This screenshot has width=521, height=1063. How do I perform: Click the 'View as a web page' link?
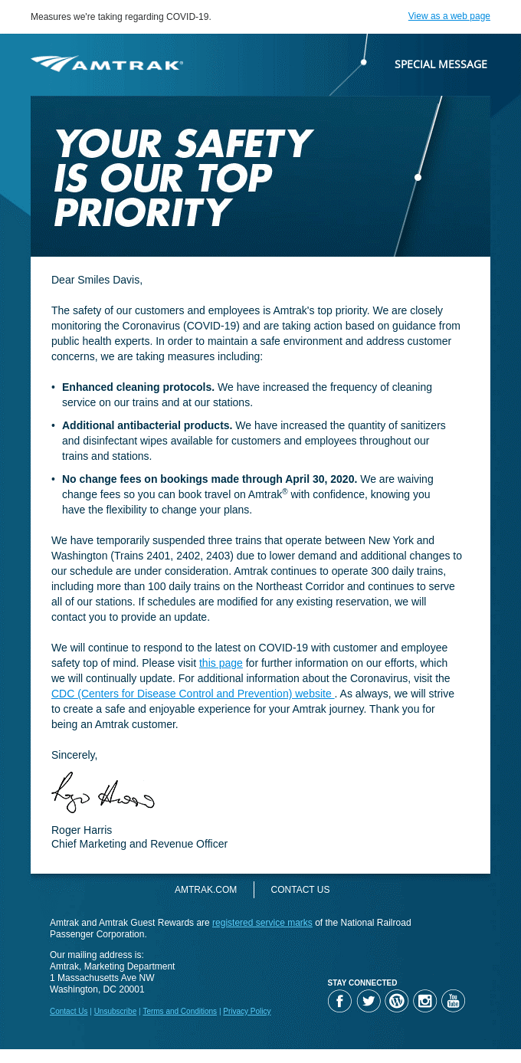[x=449, y=16]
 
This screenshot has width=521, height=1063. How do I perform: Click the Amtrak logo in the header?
[x=106, y=64]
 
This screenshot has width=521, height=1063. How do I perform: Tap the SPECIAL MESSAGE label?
[x=441, y=64]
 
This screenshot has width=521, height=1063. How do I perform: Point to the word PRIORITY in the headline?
[x=142, y=213]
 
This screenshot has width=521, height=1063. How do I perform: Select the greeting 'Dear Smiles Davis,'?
[x=97, y=280]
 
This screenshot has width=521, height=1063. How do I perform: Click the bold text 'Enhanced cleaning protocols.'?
[x=138, y=387]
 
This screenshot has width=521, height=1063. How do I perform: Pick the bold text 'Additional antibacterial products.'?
[x=147, y=425]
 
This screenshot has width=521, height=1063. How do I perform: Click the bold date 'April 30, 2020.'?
[x=321, y=479]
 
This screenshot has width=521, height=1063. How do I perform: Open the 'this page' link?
[x=221, y=663]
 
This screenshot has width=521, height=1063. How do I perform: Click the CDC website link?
[x=192, y=694]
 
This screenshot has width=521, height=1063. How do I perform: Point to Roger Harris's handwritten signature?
[x=103, y=794]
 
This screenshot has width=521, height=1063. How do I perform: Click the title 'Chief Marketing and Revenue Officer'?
[x=139, y=844]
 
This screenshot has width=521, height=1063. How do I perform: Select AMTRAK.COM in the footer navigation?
[x=205, y=890]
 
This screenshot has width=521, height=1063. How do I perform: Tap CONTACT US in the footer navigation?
[x=300, y=890]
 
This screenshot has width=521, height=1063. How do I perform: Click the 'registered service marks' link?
[x=262, y=923]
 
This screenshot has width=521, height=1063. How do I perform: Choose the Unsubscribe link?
[x=115, y=1012]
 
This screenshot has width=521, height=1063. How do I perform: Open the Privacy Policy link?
[x=247, y=1012]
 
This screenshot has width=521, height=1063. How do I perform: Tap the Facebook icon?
[x=339, y=1001]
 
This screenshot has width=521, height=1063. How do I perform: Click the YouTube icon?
[x=453, y=1001]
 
